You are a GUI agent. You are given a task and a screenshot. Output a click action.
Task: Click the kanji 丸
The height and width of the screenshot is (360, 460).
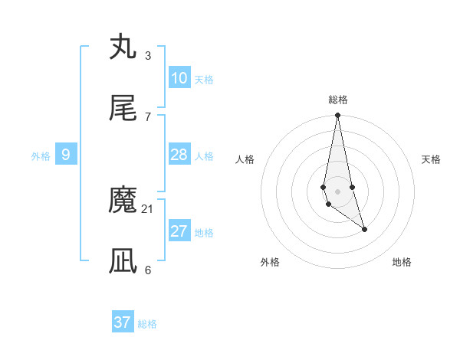[123, 47]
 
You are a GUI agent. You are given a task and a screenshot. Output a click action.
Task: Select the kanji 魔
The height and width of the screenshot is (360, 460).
[123, 200]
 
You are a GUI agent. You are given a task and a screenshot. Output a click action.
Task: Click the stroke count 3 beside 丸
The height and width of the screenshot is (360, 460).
[148, 55]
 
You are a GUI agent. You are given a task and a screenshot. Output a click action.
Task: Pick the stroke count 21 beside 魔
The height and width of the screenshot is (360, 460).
[148, 208]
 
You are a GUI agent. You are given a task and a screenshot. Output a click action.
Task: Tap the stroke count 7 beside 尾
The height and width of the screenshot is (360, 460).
[148, 116]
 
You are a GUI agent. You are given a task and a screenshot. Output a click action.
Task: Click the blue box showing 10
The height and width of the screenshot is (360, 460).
[179, 78]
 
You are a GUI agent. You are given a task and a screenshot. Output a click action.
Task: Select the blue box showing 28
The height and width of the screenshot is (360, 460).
[179, 155]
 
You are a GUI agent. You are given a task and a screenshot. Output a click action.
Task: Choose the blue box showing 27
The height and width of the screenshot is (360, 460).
[179, 231]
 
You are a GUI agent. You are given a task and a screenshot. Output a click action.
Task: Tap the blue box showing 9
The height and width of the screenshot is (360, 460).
[66, 155]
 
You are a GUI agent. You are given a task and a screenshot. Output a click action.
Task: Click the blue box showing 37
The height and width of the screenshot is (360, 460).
[123, 322]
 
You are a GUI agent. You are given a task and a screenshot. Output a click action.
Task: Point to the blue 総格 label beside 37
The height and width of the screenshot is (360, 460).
[148, 324]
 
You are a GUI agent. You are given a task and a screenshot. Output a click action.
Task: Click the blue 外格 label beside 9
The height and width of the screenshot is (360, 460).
[41, 156]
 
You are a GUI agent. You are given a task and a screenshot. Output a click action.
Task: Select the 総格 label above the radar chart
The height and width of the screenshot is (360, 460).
[338, 100]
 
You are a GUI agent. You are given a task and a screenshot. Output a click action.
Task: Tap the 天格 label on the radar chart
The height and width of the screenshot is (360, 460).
[432, 159]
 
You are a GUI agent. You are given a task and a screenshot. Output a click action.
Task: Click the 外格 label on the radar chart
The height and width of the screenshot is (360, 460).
[270, 262]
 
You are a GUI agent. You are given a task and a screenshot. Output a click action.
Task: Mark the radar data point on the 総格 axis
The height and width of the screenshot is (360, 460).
[337, 116]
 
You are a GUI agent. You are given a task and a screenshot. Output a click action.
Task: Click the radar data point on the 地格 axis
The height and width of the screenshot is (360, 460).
[364, 229]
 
